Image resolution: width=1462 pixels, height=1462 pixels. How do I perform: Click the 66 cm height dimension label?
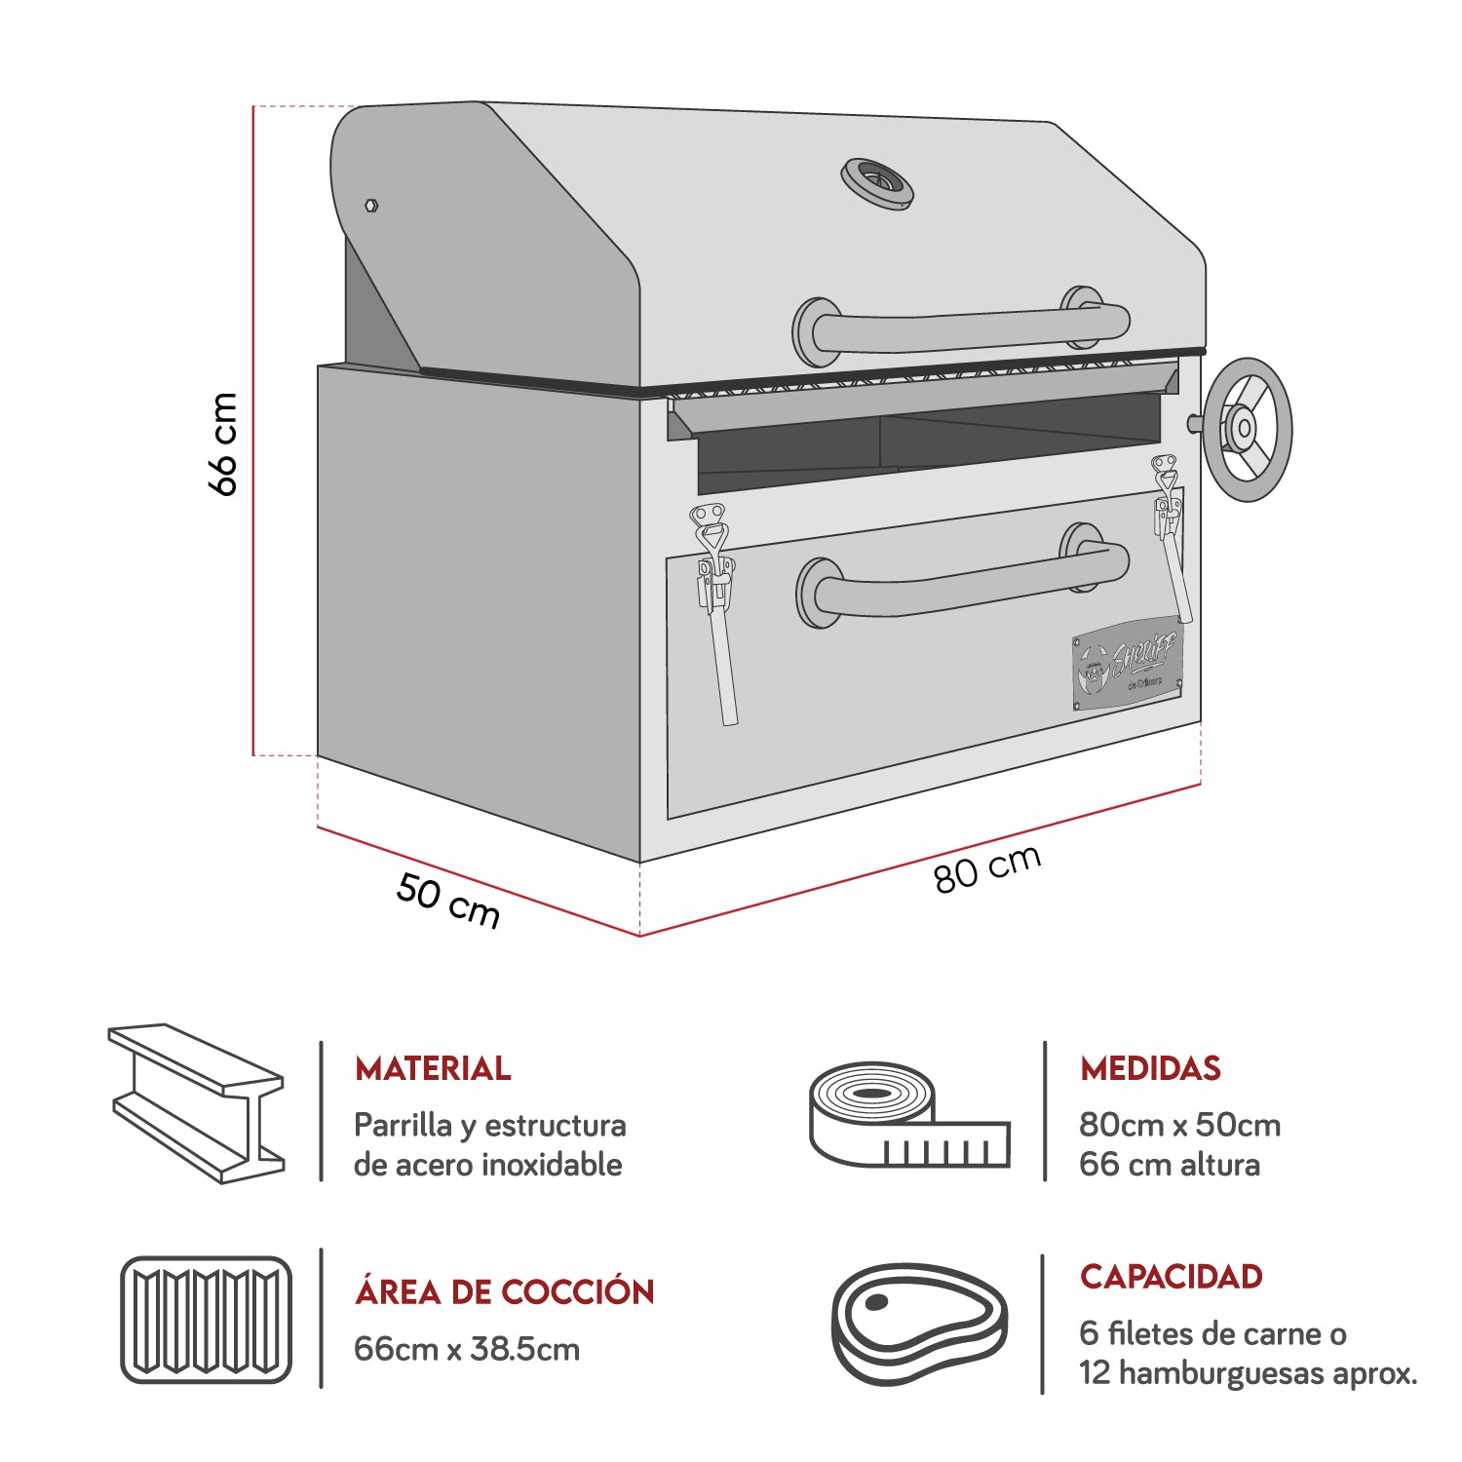tap(223, 443)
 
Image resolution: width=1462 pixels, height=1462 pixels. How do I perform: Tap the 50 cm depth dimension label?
tap(448, 902)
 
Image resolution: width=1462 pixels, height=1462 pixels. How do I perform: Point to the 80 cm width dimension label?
tap(987, 868)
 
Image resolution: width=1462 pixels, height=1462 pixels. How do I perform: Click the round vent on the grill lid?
tap(877, 182)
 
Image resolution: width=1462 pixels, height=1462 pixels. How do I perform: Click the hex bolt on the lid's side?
tap(370, 205)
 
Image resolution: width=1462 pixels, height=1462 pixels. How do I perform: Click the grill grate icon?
tap(206, 1319)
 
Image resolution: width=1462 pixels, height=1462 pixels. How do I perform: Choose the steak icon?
tap(919, 1324)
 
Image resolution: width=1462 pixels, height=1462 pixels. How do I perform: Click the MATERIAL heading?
tap(432, 1068)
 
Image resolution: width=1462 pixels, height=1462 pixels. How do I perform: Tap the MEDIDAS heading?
tap(1150, 1068)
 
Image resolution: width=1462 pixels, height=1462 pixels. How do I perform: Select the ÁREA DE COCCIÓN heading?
tap(504, 1291)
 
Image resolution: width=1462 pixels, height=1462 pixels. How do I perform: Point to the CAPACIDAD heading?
tap(1171, 1276)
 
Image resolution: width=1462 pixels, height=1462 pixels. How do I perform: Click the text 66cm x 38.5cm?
tap(466, 1349)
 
